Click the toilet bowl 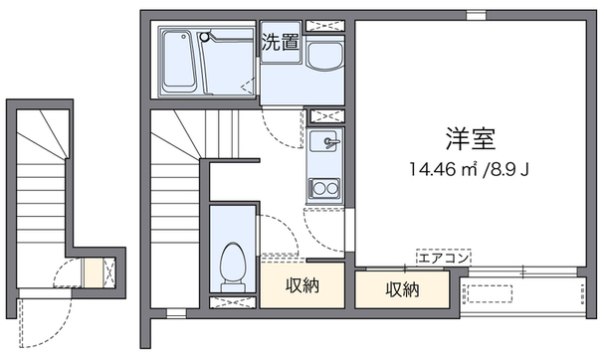pyautogui.click(x=232, y=262)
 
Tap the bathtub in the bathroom pyautogui.click(x=178, y=62)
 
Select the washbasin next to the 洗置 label pyautogui.click(x=324, y=57)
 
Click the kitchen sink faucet pyautogui.click(x=331, y=142)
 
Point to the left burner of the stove pyautogui.click(x=318, y=189)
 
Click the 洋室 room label pyautogui.click(x=471, y=139)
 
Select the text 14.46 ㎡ pyautogui.click(x=443, y=169)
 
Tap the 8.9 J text pyautogui.click(x=509, y=169)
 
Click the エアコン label pyautogui.click(x=444, y=258)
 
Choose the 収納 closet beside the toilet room pyautogui.click(x=302, y=285)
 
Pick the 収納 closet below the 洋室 pyautogui.click(x=402, y=289)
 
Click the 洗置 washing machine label pyautogui.click(x=280, y=43)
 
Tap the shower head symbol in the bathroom pyautogui.click(x=205, y=37)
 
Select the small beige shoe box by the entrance pyautogui.click(x=94, y=273)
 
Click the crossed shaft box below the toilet pyautogui.click(x=233, y=302)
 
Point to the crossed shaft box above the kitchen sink pyautogui.click(x=326, y=116)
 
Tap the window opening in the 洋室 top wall pyautogui.click(x=476, y=15)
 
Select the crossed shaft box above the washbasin pyautogui.click(x=324, y=26)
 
